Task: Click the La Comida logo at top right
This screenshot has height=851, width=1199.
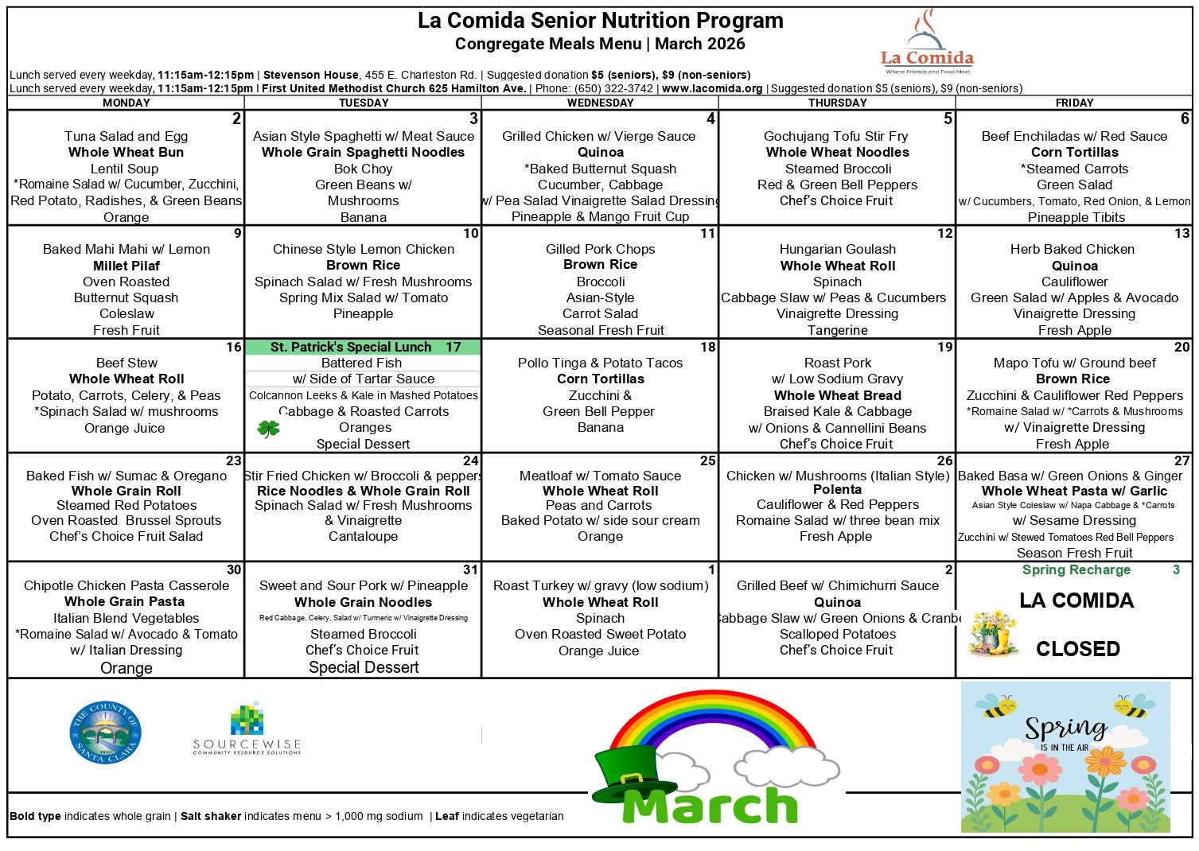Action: coord(927,44)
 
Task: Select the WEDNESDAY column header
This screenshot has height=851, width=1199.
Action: coord(600,103)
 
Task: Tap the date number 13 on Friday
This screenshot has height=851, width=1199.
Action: coord(1181,234)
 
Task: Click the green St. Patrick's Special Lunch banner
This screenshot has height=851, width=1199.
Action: coord(363,347)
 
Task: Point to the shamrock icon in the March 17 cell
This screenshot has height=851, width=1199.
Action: coord(269,429)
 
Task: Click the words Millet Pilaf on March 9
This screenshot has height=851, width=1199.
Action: coord(127,266)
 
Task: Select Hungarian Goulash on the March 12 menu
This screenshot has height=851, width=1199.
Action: coord(837,249)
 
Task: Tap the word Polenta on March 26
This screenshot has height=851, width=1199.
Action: coord(837,489)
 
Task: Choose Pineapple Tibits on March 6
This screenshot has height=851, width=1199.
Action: coord(1076,217)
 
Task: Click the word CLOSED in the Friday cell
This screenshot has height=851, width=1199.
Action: coord(1077,649)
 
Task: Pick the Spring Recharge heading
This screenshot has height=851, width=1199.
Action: coord(1076,569)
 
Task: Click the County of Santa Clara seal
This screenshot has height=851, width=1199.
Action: coord(105,732)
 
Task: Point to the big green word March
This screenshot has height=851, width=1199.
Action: coord(710,806)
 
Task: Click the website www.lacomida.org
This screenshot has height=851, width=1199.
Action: coord(711,88)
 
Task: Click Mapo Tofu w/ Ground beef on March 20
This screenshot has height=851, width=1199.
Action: coord(1074,363)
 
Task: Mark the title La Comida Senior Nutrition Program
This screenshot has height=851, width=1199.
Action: coord(600,21)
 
